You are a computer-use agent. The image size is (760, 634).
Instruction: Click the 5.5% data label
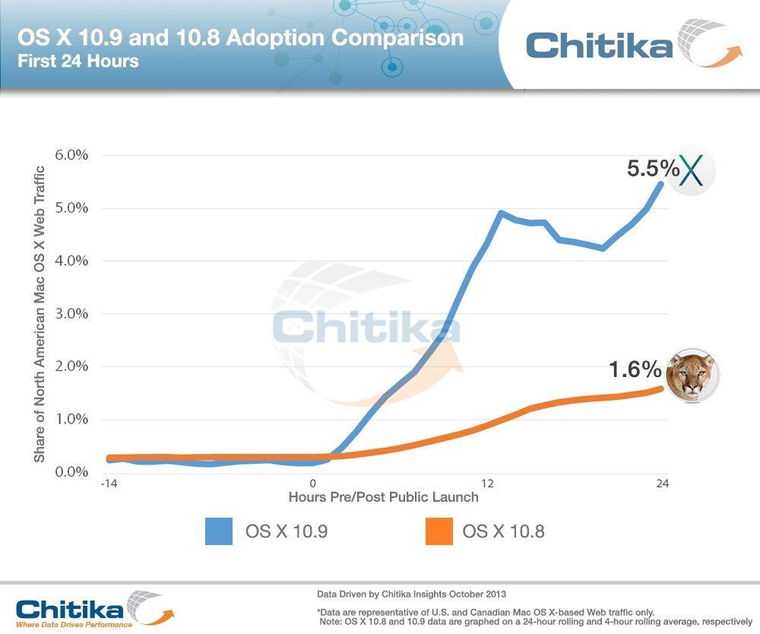(652, 169)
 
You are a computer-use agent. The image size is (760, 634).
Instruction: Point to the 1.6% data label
(635, 370)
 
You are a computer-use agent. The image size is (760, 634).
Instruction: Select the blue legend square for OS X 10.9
(219, 531)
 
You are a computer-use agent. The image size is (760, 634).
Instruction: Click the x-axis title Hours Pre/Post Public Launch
(383, 497)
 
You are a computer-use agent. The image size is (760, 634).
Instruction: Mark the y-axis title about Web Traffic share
(40, 313)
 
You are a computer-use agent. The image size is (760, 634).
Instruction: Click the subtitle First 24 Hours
(78, 61)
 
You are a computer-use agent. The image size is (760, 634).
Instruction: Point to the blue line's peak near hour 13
(501, 213)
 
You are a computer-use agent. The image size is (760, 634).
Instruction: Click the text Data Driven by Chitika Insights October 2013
(411, 594)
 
